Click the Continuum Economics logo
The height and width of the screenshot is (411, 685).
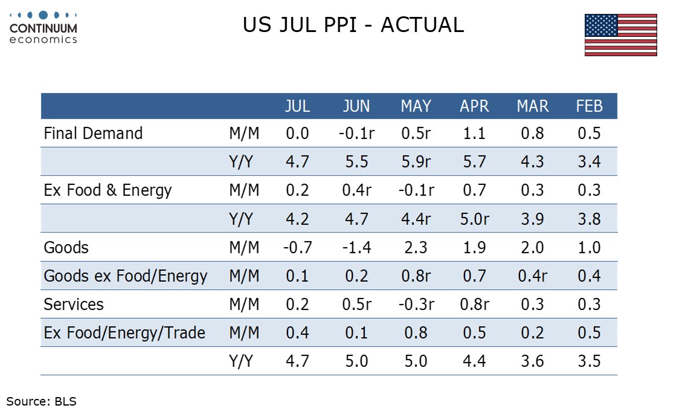43,28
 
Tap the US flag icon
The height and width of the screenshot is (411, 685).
621,35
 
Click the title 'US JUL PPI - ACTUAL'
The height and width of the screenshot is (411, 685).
353,25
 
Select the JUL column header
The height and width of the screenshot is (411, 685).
298,106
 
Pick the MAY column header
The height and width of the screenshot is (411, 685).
416,106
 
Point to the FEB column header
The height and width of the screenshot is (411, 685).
589,106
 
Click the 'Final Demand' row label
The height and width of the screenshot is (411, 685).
93,134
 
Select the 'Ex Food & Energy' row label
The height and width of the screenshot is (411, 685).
108,190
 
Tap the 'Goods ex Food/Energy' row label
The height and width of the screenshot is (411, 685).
126,276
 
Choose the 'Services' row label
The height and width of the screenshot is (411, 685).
74,304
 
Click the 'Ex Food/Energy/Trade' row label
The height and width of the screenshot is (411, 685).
124,333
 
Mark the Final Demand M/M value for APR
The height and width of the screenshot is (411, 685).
474,134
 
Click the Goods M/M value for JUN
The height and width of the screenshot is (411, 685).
356,247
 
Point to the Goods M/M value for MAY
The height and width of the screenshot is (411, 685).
416,247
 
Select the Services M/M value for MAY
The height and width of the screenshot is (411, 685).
416,304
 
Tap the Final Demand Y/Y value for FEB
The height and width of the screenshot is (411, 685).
589,162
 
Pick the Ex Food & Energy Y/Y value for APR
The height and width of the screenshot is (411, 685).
474,219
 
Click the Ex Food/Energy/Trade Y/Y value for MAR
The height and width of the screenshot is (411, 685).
532,361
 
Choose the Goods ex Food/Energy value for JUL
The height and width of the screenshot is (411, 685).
297,276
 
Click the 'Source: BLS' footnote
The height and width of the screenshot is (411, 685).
41,401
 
